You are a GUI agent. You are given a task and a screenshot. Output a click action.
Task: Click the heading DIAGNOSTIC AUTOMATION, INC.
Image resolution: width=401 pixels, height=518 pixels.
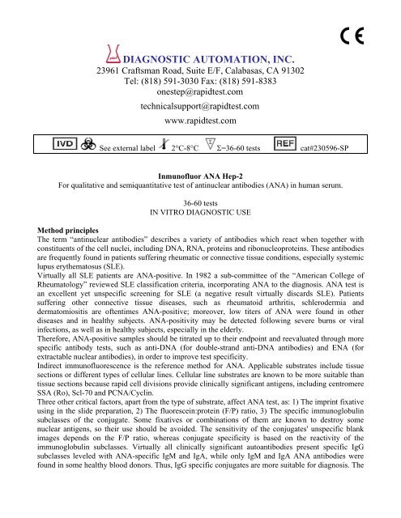209,59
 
